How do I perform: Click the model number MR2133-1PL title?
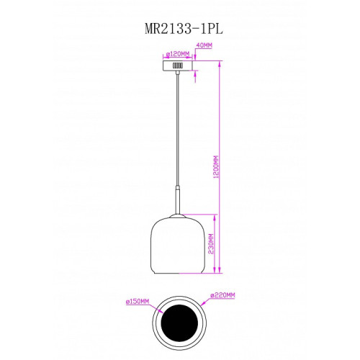coord(184,29)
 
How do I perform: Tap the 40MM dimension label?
coord(204,45)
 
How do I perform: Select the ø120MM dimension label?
coord(178,54)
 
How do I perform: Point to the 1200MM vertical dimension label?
coord(216,167)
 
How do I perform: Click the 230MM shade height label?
coord(211,244)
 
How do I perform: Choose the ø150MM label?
coord(138,302)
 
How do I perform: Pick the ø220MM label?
coord(222,295)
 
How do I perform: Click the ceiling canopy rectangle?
coord(178,66)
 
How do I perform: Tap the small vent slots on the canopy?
coord(178,66)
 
